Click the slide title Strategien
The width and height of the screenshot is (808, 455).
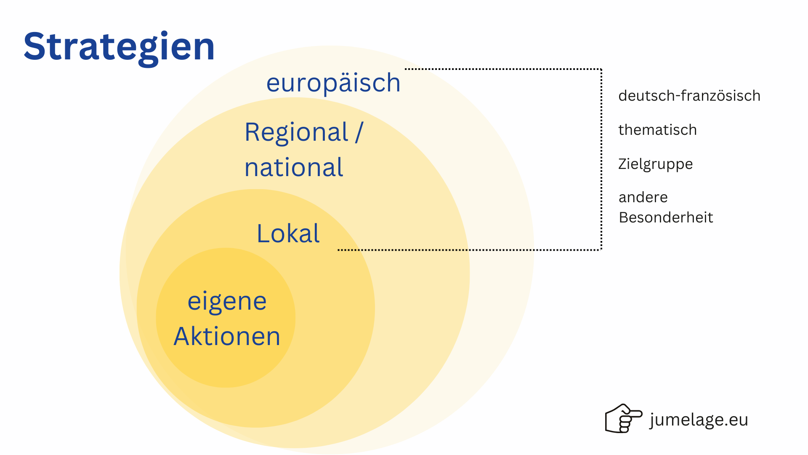pos(119,48)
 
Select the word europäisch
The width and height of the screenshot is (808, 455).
pos(333,83)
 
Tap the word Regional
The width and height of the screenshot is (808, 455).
pos(297,132)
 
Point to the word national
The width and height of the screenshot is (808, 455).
pos(294,167)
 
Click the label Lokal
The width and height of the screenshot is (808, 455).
pos(288,233)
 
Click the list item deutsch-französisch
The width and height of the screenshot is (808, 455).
pos(689,96)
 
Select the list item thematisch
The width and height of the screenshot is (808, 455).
pos(657,130)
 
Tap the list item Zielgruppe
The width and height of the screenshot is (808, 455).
pos(655,164)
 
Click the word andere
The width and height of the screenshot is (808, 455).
pos(643,197)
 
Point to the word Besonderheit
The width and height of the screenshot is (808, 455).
pos(666,217)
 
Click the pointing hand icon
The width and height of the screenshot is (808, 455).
pos(624,418)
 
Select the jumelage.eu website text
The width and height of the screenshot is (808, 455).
pos(699,420)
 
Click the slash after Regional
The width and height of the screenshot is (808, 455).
pos(359,132)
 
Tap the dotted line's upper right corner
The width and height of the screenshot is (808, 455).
pos(601,69)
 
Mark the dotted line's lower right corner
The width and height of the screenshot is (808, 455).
pos(601,250)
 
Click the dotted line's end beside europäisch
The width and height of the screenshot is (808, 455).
pos(405,69)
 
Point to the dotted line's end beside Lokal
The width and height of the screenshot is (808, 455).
pos(338,250)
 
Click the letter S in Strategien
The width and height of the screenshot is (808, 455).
pos(35,46)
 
